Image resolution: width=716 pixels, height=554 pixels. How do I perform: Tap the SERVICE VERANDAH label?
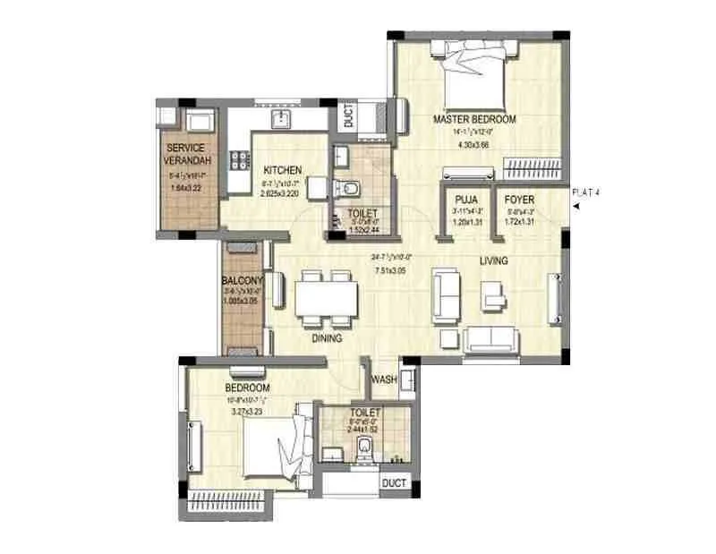coord(185,154)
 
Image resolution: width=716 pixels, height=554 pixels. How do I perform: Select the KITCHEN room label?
coord(282,170)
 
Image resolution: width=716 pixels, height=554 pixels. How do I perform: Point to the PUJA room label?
coord(465,199)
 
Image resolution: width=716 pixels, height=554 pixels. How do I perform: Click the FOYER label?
coord(519,199)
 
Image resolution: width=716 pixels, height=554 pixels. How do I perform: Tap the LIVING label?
coord(493,261)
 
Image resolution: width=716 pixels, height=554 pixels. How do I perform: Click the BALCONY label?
coord(242,280)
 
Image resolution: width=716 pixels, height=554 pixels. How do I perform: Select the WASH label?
coord(384,379)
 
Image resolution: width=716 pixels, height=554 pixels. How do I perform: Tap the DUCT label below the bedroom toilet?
coord(394,484)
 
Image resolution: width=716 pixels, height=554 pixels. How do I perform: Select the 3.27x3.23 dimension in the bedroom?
coord(250,412)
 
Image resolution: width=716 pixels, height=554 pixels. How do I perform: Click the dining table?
coord(326,295)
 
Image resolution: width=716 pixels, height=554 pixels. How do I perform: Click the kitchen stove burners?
coord(240,161)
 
